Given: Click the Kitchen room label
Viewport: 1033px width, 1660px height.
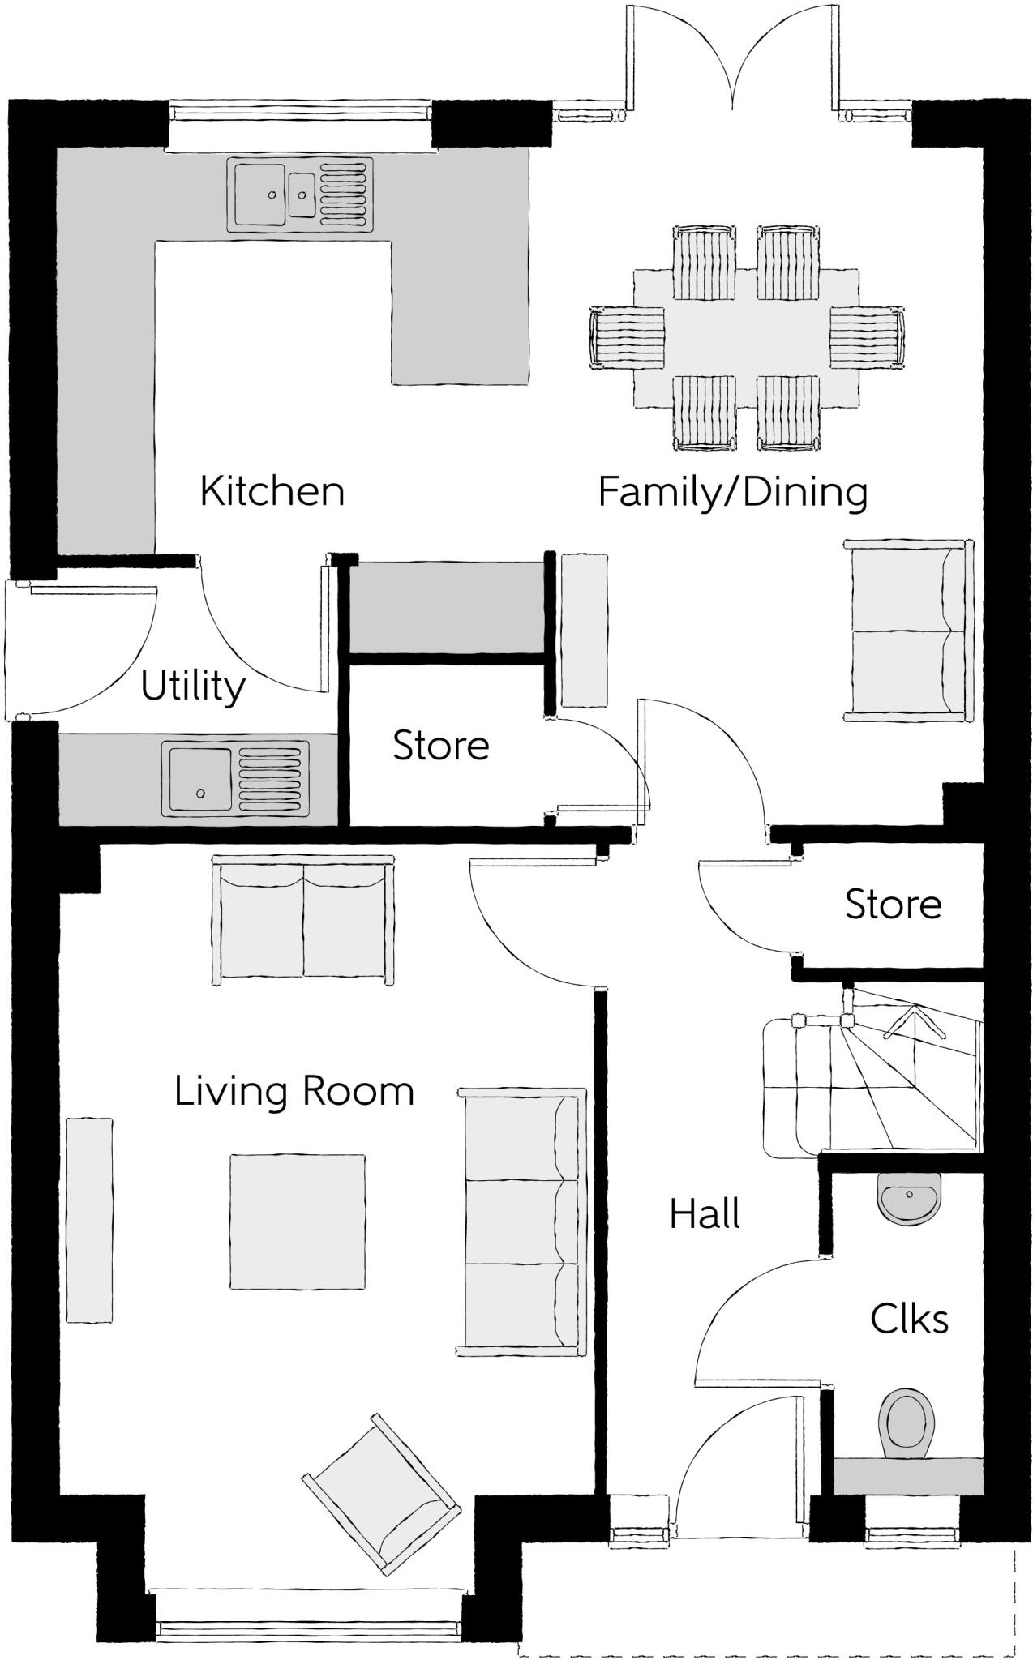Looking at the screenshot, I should point(272,491).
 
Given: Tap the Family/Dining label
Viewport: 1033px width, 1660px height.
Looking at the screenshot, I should point(732,492).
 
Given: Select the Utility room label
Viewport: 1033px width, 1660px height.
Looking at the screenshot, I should point(193,686).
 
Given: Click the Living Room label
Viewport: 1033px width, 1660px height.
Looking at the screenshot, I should point(294,1091).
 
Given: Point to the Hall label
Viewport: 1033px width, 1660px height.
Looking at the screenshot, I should point(704,1214).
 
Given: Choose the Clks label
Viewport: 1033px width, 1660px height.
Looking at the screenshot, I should point(909,1319).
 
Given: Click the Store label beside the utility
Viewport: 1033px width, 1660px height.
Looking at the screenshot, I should point(441,745).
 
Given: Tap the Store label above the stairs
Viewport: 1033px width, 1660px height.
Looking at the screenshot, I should point(893,904).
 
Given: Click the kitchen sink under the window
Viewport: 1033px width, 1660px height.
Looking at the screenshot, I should point(299,195).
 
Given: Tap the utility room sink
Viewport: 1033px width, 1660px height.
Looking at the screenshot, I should point(235,778).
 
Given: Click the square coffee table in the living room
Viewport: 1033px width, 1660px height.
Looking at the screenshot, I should point(297,1221).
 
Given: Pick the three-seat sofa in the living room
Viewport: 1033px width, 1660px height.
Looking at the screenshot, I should point(521,1221).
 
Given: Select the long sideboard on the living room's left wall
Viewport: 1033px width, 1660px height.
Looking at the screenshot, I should point(89,1221).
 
